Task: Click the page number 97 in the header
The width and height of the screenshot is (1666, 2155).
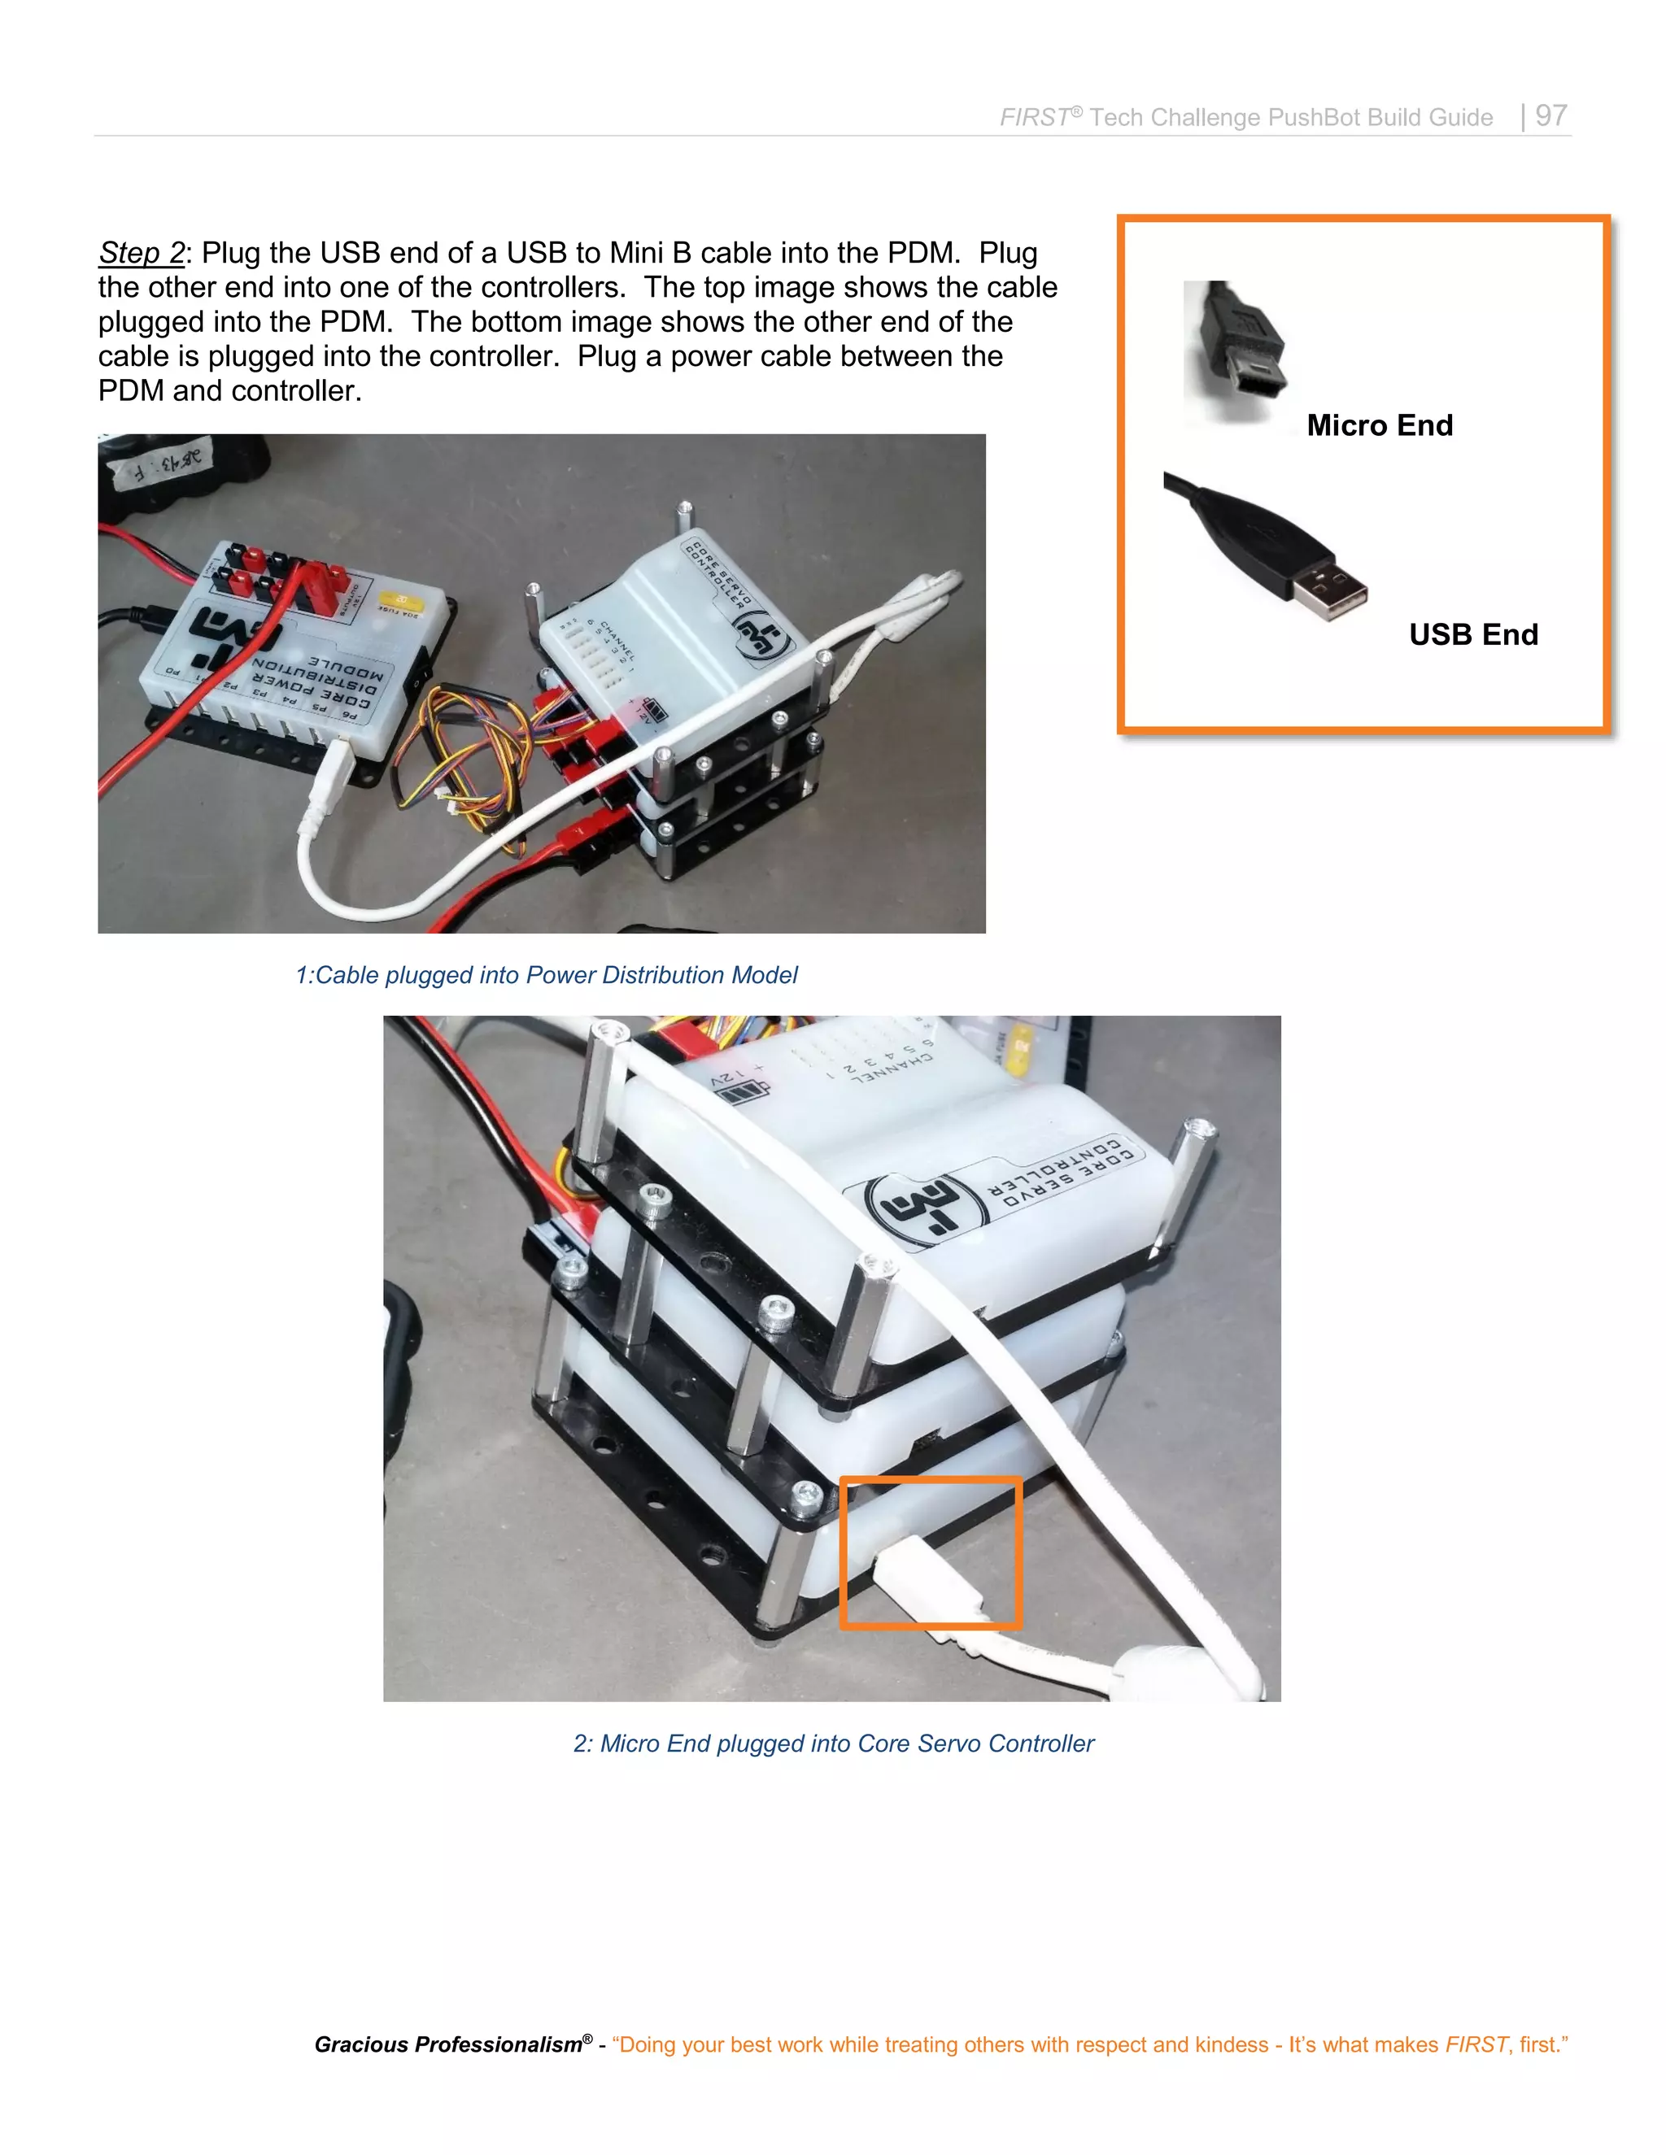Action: pos(1550,115)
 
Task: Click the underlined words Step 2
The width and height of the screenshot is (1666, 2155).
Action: pos(141,253)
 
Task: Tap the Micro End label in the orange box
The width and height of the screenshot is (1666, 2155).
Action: pos(1379,425)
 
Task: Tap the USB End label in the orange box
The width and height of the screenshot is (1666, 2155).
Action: pos(1472,634)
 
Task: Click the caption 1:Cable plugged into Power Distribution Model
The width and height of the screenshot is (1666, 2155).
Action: pos(546,975)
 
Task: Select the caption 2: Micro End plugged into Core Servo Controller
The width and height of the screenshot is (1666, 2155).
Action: pos(833,1744)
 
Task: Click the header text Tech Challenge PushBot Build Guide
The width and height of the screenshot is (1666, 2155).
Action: pos(1290,117)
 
